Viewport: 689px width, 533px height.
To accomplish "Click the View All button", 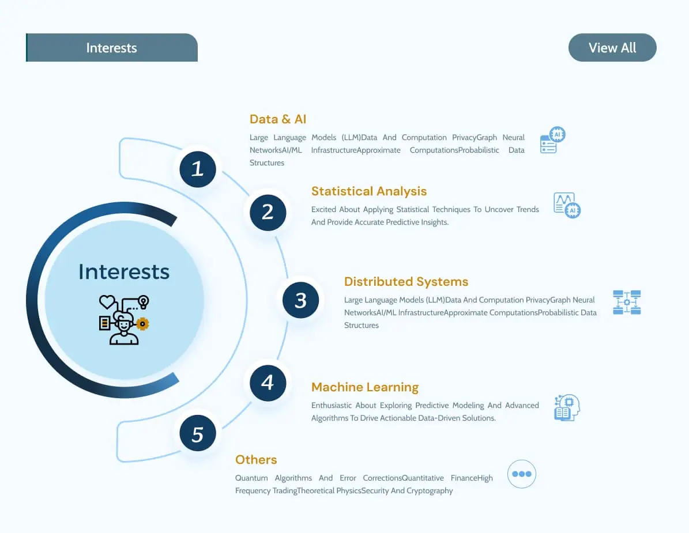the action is (x=612, y=47).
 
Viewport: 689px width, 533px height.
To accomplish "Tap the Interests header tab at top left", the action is (x=112, y=47).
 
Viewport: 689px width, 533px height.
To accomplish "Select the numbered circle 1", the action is (x=198, y=169).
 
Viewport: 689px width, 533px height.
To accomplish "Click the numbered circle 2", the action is (x=268, y=213).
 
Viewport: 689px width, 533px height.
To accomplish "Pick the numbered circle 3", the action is (x=300, y=300).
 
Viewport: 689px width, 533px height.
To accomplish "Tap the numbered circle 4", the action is (x=268, y=383).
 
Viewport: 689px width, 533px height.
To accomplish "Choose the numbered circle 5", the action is (x=198, y=433).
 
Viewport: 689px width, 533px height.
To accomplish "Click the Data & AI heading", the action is (x=278, y=119).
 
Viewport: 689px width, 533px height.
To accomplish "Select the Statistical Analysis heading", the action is (x=369, y=191).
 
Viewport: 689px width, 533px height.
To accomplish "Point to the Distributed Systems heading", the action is (x=406, y=281).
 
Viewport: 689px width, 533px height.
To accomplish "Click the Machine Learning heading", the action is (x=365, y=387).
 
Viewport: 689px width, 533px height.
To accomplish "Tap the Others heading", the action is (x=256, y=460).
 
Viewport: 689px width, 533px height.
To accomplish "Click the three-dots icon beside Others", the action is (x=522, y=474).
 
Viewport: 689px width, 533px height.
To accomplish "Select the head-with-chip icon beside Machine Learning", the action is (x=567, y=407).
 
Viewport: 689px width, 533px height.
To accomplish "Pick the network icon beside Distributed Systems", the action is (x=627, y=302).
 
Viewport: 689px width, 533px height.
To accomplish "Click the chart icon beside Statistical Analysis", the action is (x=567, y=206).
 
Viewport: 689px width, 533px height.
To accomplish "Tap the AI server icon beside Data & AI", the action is (x=552, y=139).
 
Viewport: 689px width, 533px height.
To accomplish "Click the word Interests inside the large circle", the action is (x=124, y=272).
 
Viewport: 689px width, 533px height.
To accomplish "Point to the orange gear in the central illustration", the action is (x=142, y=324).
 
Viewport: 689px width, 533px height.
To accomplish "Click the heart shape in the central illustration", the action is (x=107, y=302).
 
